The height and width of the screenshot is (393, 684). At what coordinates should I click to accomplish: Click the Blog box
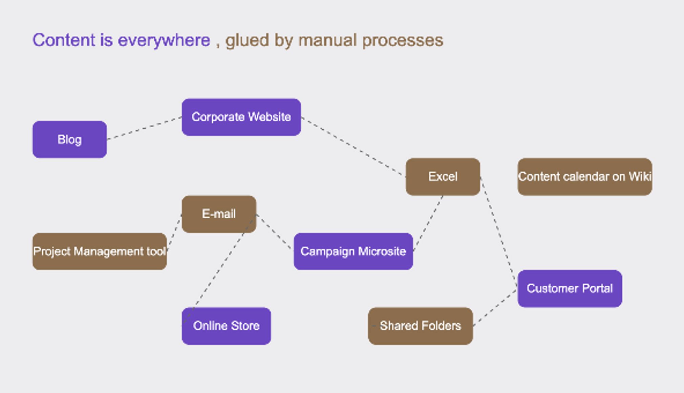tap(69, 139)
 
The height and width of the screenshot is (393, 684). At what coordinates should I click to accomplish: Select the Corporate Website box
tap(241, 117)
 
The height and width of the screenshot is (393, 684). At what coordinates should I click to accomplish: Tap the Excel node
tap(443, 177)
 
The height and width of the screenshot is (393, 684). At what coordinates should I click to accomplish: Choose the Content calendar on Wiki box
tap(585, 177)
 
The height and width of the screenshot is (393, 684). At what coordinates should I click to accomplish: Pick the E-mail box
tap(219, 214)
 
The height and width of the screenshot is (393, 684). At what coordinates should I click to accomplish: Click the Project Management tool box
tap(100, 251)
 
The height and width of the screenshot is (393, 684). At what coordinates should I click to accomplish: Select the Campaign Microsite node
tap(353, 251)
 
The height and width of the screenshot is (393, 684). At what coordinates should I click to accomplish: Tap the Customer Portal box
tap(570, 288)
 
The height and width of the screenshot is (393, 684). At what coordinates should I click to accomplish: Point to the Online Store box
tap(226, 326)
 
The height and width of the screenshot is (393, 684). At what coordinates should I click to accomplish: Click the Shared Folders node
tap(420, 326)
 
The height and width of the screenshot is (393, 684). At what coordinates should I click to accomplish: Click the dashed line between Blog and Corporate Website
tap(144, 128)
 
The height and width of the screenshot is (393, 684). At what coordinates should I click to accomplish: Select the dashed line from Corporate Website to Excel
tap(353, 147)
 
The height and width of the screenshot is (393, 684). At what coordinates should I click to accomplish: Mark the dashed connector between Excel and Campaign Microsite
tap(428, 223)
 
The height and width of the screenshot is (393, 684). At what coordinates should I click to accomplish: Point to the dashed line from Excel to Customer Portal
tap(499, 233)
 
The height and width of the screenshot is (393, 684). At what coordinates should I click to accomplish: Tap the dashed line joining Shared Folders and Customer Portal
tap(495, 307)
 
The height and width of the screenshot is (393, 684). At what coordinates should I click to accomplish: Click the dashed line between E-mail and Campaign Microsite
tap(275, 233)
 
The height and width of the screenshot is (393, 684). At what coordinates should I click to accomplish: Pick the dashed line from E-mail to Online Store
tap(219, 270)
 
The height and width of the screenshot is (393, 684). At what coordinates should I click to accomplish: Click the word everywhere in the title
tap(164, 41)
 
